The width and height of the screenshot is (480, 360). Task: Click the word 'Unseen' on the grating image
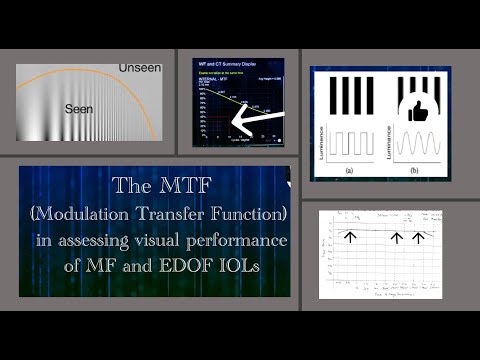pyautogui.click(x=139, y=67)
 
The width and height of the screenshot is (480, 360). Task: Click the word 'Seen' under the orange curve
pyautogui.click(x=79, y=106)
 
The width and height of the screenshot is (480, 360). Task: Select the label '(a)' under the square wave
pyautogui.click(x=349, y=171)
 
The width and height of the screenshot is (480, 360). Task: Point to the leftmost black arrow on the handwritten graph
pyautogui.click(x=350, y=236)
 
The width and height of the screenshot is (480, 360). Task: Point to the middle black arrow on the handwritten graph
pyautogui.click(x=397, y=237)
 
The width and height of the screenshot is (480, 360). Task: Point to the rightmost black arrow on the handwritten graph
pyautogui.click(x=417, y=237)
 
